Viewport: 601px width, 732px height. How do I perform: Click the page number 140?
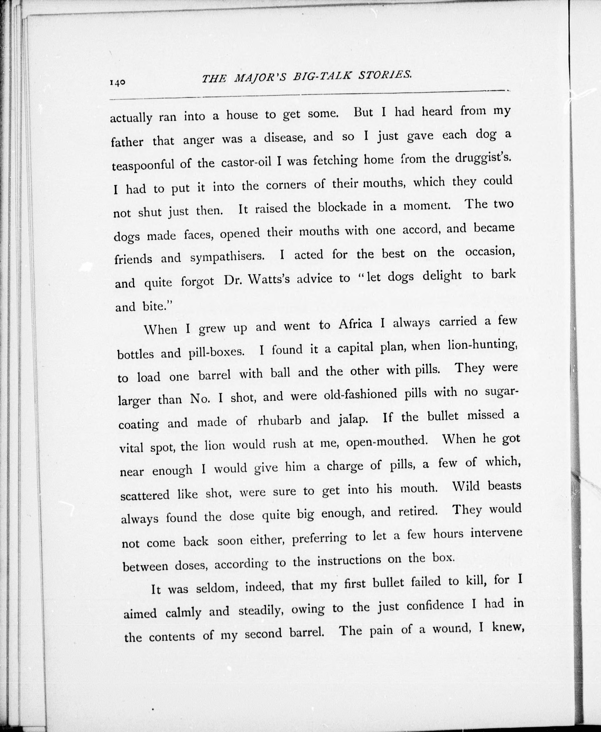117,83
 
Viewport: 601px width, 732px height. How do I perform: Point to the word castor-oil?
246,162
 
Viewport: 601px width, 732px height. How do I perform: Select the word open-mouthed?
386,442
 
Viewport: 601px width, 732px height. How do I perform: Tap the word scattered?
145,495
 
